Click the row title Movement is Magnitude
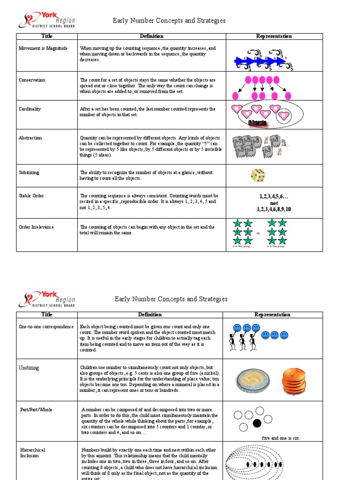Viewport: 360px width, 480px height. point(43,48)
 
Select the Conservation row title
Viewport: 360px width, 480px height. point(32,80)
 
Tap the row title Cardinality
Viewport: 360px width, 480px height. point(30,109)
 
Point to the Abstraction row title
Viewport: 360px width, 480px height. point(30,138)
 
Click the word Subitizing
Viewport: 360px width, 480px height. point(29,172)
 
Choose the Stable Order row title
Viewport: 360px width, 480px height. point(31,195)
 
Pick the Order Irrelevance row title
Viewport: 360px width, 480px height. point(36,227)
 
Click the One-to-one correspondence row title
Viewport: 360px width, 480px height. point(46,326)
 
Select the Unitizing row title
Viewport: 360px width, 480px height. point(29,367)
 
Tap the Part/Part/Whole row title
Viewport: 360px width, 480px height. point(36,410)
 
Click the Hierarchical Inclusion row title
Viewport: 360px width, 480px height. point(32,452)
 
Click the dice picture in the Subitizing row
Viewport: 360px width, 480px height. point(258,176)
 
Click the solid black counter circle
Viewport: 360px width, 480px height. point(257,423)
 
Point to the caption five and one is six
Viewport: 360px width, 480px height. point(280,438)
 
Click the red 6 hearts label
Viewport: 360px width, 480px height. point(258,123)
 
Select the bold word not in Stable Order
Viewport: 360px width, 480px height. point(274,203)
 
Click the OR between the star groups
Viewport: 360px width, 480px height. point(258,233)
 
